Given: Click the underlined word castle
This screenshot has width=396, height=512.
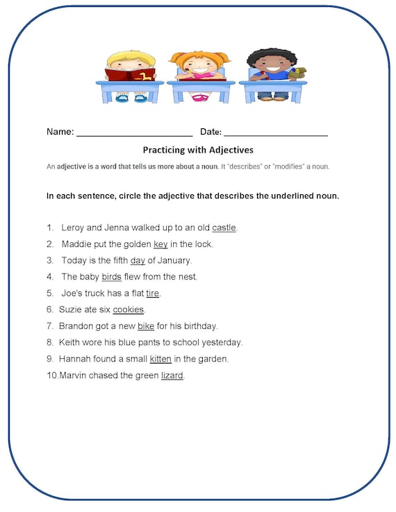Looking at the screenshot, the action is pyautogui.click(x=224, y=228).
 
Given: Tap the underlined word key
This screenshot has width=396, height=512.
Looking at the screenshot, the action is pyautogui.click(x=160, y=244).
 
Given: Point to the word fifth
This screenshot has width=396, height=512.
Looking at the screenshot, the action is pyautogui.click(x=117, y=261).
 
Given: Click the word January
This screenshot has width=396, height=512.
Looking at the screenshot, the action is pyautogui.click(x=174, y=261).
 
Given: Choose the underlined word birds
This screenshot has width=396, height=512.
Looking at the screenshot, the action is pyautogui.click(x=111, y=277).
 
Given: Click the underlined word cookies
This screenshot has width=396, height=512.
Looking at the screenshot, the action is pyautogui.click(x=129, y=309).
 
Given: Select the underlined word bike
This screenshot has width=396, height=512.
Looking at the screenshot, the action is pyautogui.click(x=146, y=326).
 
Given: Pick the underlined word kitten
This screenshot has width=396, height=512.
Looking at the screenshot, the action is pyautogui.click(x=160, y=359).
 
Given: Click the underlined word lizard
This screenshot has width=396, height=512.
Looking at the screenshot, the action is pyautogui.click(x=172, y=376).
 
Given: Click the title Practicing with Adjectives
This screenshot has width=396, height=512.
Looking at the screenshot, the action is pyautogui.click(x=198, y=150).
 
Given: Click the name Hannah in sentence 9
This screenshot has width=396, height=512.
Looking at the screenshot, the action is pyautogui.click(x=75, y=359).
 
